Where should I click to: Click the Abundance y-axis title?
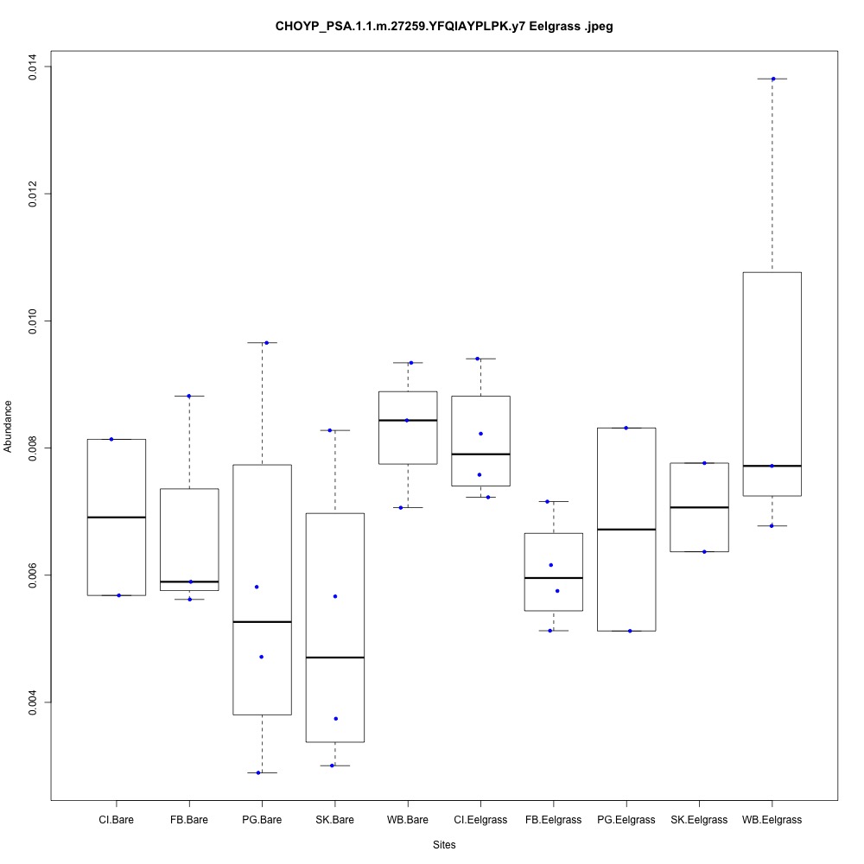[9, 426]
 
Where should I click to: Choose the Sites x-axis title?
[444, 844]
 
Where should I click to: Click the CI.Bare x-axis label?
[116, 819]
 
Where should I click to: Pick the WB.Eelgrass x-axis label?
[772, 819]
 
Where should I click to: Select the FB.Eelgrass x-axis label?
[553, 819]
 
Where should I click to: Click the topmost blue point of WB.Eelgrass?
[773, 79]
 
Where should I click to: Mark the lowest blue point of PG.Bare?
[258, 772]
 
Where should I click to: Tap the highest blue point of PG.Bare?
[266, 343]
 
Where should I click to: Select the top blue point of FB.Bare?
[188, 396]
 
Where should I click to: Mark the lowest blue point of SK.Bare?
[332, 765]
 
